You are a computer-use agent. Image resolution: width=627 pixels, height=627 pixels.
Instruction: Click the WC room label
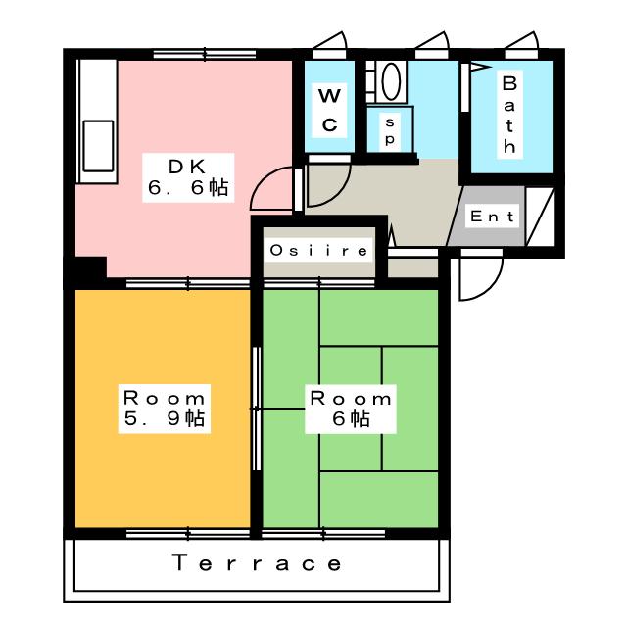(330, 109)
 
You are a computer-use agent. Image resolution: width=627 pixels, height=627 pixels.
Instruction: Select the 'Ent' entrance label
(493, 217)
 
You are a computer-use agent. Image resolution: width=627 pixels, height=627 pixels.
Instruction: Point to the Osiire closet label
(319, 251)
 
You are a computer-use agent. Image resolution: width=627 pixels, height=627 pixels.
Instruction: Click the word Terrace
(258, 563)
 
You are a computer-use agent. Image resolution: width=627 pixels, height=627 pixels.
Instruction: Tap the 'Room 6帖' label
(351, 409)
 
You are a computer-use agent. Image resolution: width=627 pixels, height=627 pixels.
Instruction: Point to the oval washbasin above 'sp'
(391, 82)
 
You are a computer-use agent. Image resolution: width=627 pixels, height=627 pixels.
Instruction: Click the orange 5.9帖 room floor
(157, 470)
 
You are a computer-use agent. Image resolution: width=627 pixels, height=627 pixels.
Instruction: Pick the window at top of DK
(197, 54)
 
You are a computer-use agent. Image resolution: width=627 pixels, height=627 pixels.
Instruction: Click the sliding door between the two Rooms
(257, 392)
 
